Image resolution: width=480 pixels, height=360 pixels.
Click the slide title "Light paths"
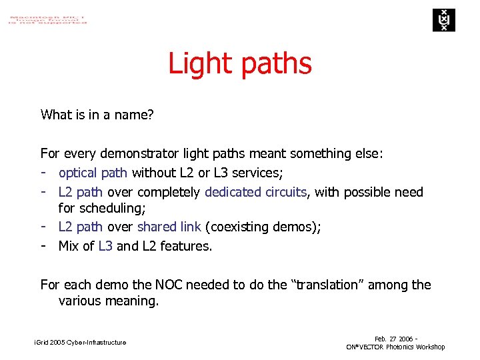point(240,64)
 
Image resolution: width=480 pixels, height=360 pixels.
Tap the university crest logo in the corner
point(442,20)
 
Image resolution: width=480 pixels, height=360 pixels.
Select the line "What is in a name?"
point(97,115)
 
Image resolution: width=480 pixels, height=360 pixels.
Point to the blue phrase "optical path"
point(93,173)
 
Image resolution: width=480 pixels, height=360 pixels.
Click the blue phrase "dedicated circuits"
point(256,192)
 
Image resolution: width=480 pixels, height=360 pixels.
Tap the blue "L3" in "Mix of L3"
point(105,246)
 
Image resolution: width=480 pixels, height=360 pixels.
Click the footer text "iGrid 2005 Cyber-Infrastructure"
point(80,343)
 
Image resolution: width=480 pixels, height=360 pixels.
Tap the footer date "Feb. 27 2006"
point(393,339)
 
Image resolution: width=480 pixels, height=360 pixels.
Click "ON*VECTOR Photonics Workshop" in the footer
point(395,347)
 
